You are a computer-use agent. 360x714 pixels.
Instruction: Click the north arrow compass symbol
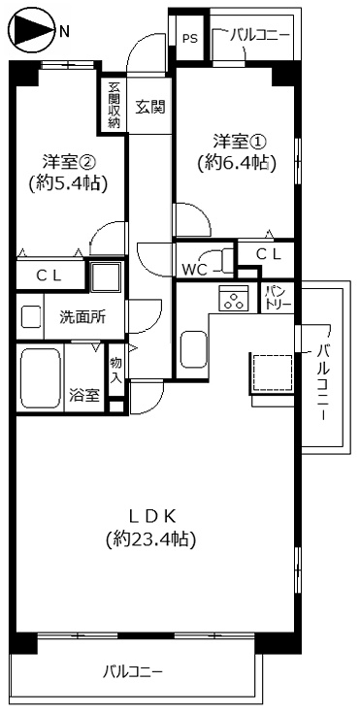tap(30, 30)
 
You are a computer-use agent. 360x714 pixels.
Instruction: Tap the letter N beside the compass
tap(64, 31)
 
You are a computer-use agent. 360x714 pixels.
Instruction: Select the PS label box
tap(187, 40)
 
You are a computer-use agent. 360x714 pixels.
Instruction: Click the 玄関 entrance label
tap(149, 106)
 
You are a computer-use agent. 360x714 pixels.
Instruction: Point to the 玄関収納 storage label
tap(114, 103)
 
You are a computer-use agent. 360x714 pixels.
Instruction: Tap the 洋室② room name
tap(67, 159)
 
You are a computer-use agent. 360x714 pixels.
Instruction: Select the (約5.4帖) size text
tap(67, 182)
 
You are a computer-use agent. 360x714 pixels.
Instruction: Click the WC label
tap(195, 270)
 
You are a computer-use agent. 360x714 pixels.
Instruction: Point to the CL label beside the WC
tap(269, 253)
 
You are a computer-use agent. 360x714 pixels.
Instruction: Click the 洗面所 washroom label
tap(79, 316)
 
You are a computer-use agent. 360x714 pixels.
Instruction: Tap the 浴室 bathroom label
tap(83, 395)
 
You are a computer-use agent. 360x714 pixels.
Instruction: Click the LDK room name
tap(151, 514)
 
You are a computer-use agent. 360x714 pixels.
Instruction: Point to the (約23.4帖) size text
tap(151, 538)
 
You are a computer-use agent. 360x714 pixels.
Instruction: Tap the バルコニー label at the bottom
tap(133, 670)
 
